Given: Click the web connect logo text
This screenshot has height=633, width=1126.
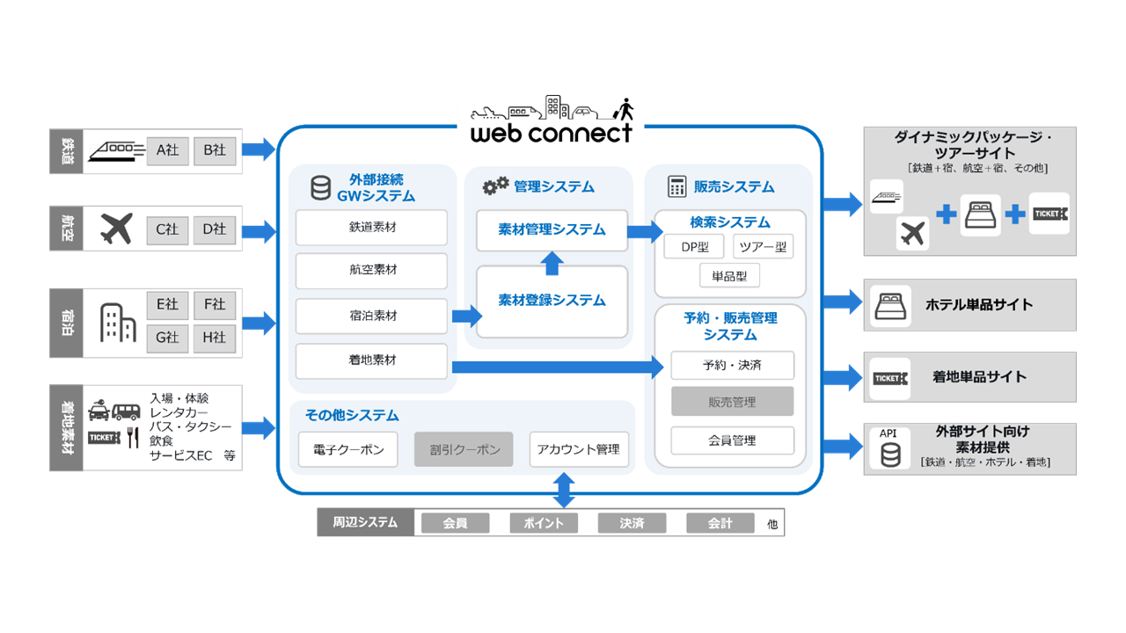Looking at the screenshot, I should tap(552, 133).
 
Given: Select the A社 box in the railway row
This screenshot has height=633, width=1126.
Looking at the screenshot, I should tap(168, 150).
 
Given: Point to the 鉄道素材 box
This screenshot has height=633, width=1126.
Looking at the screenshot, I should tap(371, 228).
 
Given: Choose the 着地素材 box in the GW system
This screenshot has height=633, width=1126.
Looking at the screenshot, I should tap(371, 360).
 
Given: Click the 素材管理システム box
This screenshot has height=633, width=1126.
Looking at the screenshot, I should tap(552, 229).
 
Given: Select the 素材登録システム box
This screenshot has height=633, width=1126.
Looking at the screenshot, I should tap(552, 301).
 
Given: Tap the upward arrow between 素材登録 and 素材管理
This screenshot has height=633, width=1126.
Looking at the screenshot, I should tap(552, 262).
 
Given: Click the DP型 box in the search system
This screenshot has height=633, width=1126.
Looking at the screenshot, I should tap(693, 247).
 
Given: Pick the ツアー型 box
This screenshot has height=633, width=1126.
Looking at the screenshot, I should tap(763, 247).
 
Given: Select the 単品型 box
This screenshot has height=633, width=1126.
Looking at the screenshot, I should tap(729, 276).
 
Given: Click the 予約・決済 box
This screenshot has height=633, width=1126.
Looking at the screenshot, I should tap(732, 365).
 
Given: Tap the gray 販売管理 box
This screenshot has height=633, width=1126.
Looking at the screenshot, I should tap(732, 402).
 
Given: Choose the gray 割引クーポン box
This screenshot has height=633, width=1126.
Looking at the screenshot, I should tap(464, 449).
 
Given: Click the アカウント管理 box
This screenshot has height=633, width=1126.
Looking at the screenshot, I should tap(579, 449).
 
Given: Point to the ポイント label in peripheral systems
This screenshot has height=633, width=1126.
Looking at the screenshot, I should tap(544, 523).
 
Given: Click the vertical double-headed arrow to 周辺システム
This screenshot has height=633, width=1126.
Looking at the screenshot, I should tap(564, 490).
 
